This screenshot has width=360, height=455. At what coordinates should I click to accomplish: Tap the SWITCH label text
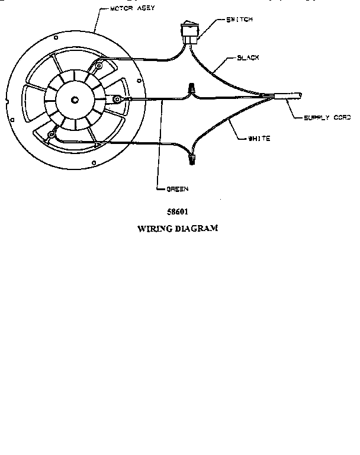click(x=240, y=20)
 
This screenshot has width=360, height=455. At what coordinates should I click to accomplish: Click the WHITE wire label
click(x=259, y=139)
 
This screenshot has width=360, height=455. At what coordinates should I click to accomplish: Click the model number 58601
click(x=178, y=211)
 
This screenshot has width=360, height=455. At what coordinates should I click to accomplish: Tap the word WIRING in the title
click(x=155, y=228)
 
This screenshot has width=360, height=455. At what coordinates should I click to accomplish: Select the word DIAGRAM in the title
click(x=196, y=228)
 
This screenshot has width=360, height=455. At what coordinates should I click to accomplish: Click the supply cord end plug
click(x=293, y=95)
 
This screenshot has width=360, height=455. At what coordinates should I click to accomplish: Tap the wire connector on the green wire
click(x=191, y=89)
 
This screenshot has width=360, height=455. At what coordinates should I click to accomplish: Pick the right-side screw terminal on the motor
click(x=117, y=98)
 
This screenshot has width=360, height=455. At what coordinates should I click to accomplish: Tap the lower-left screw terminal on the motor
click(x=52, y=135)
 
